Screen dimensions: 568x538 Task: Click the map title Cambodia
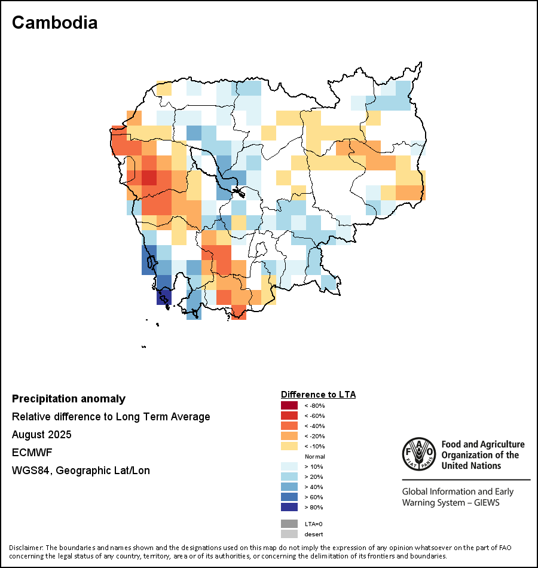click(54, 23)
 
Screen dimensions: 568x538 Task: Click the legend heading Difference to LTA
click(318, 395)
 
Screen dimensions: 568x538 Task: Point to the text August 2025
click(42, 435)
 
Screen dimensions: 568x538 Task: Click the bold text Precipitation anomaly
click(69, 399)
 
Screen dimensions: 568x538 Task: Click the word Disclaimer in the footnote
click(25, 548)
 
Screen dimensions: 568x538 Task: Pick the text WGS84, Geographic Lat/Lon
click(81, 471)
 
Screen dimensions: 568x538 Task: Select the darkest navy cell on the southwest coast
click(164, 297)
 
